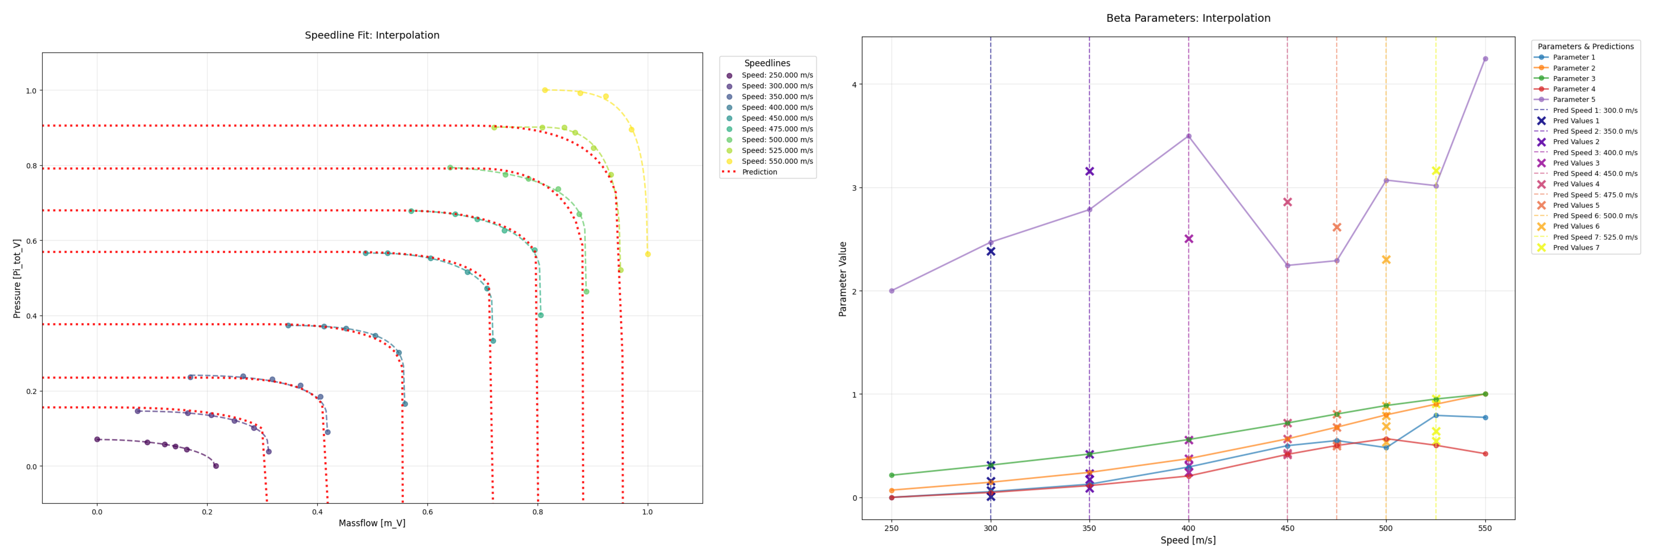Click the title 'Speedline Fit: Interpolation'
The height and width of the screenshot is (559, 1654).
pos(372,35)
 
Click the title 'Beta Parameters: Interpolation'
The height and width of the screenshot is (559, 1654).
pos(1188,18)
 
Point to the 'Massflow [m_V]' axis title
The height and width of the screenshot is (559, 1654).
pos(372,523)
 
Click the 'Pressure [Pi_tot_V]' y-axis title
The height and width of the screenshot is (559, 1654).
pos(17,278)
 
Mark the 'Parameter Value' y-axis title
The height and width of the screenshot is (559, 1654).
pos(843,278)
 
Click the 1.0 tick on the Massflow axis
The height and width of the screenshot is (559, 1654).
pos(647,512)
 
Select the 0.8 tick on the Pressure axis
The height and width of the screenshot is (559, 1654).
pos(31,166)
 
